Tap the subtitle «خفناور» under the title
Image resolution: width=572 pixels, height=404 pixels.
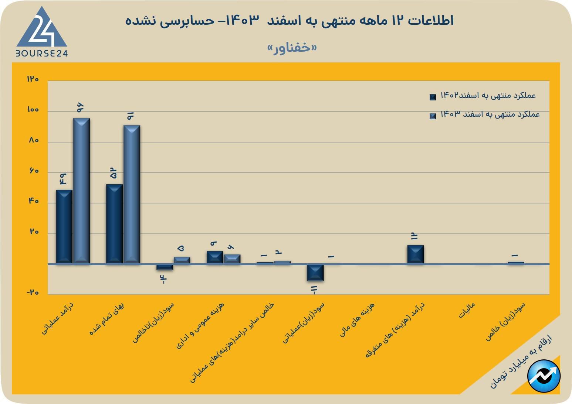[x=292, y=48]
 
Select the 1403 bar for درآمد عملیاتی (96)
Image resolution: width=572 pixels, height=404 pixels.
[x=81, y=191]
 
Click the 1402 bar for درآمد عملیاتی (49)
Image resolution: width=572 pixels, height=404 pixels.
[x=64, y=226]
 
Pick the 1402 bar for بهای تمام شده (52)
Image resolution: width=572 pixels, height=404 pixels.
[x=114, y=224]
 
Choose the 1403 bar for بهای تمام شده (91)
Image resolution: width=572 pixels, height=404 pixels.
[x=132, y=194]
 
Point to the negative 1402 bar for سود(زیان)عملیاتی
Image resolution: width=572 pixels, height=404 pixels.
[x=315, y=273]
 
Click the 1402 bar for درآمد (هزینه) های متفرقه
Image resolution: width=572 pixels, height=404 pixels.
[x=416, y=254]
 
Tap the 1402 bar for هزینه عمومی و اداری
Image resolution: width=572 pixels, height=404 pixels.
[x=215, y=257]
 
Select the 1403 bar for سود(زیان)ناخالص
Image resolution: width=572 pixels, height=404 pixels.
[x=182, y=260]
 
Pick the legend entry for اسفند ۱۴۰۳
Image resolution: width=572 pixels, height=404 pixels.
[x=485, y=115]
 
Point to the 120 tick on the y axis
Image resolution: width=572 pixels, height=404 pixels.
[x=33, y=79]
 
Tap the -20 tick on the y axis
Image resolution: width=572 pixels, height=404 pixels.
[x=33, y=292]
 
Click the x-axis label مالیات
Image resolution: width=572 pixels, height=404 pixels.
[x=467, y=311]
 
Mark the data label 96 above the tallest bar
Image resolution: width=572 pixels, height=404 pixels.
[x=80, y=107]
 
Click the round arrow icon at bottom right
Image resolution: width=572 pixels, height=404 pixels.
[x=544, y=376]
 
